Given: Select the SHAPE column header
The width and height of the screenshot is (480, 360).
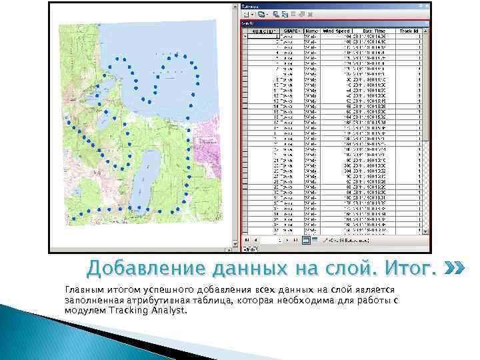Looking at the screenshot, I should tap(291, 31).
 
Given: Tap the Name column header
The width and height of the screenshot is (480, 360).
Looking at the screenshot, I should tap(311, 31).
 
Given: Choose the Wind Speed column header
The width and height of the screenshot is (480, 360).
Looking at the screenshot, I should tap(337, 31).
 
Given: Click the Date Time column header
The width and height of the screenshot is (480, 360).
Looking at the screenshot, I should tap(374, 31).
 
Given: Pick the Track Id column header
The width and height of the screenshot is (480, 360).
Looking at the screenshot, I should tap(408, 31).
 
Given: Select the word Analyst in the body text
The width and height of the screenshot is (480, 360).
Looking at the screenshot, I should tap(169, 311).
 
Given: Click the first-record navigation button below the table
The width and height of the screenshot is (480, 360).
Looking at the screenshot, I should tap(246, 239).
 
